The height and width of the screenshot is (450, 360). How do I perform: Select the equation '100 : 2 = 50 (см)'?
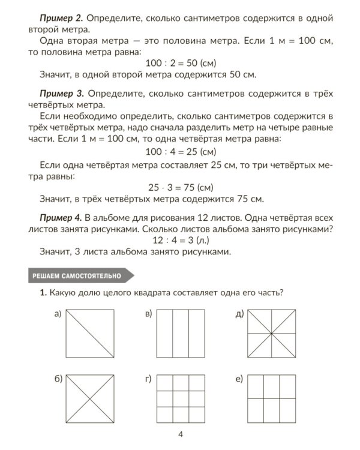181,63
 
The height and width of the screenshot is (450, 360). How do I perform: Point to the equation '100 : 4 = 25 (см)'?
181,151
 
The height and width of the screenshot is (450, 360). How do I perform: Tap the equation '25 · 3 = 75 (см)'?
181,187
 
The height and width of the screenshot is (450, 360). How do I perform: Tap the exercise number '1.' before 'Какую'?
43,293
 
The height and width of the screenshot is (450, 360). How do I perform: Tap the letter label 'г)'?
148,379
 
